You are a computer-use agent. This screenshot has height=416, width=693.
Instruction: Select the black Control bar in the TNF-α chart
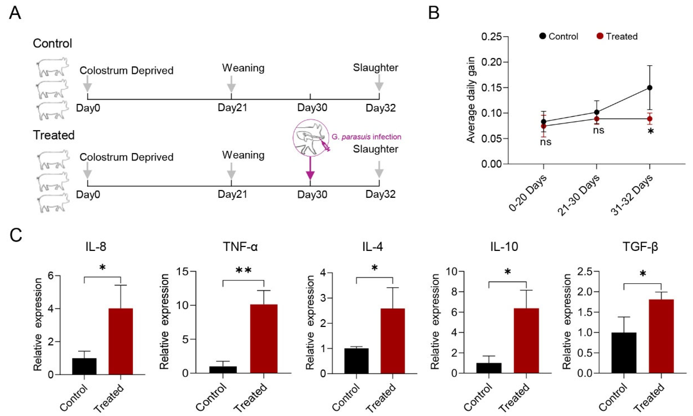[x=223, y=370]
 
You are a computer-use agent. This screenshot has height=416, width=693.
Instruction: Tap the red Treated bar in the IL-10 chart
[x=526, y=341]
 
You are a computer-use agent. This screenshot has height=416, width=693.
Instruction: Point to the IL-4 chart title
[x=372, y=247]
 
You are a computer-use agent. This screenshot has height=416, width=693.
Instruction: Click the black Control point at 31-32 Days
[x=650, y=88]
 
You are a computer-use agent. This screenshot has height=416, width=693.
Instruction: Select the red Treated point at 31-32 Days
[x=650, y=119]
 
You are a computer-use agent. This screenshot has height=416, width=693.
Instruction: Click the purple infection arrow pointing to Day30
[x=310, y=168]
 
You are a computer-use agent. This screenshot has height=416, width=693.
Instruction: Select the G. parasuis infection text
[x=366, y=137]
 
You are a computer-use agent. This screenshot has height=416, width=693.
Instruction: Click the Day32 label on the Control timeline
[x=380, y=108]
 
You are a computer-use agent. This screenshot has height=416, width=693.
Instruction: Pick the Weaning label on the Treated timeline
[x=243, y=155]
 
